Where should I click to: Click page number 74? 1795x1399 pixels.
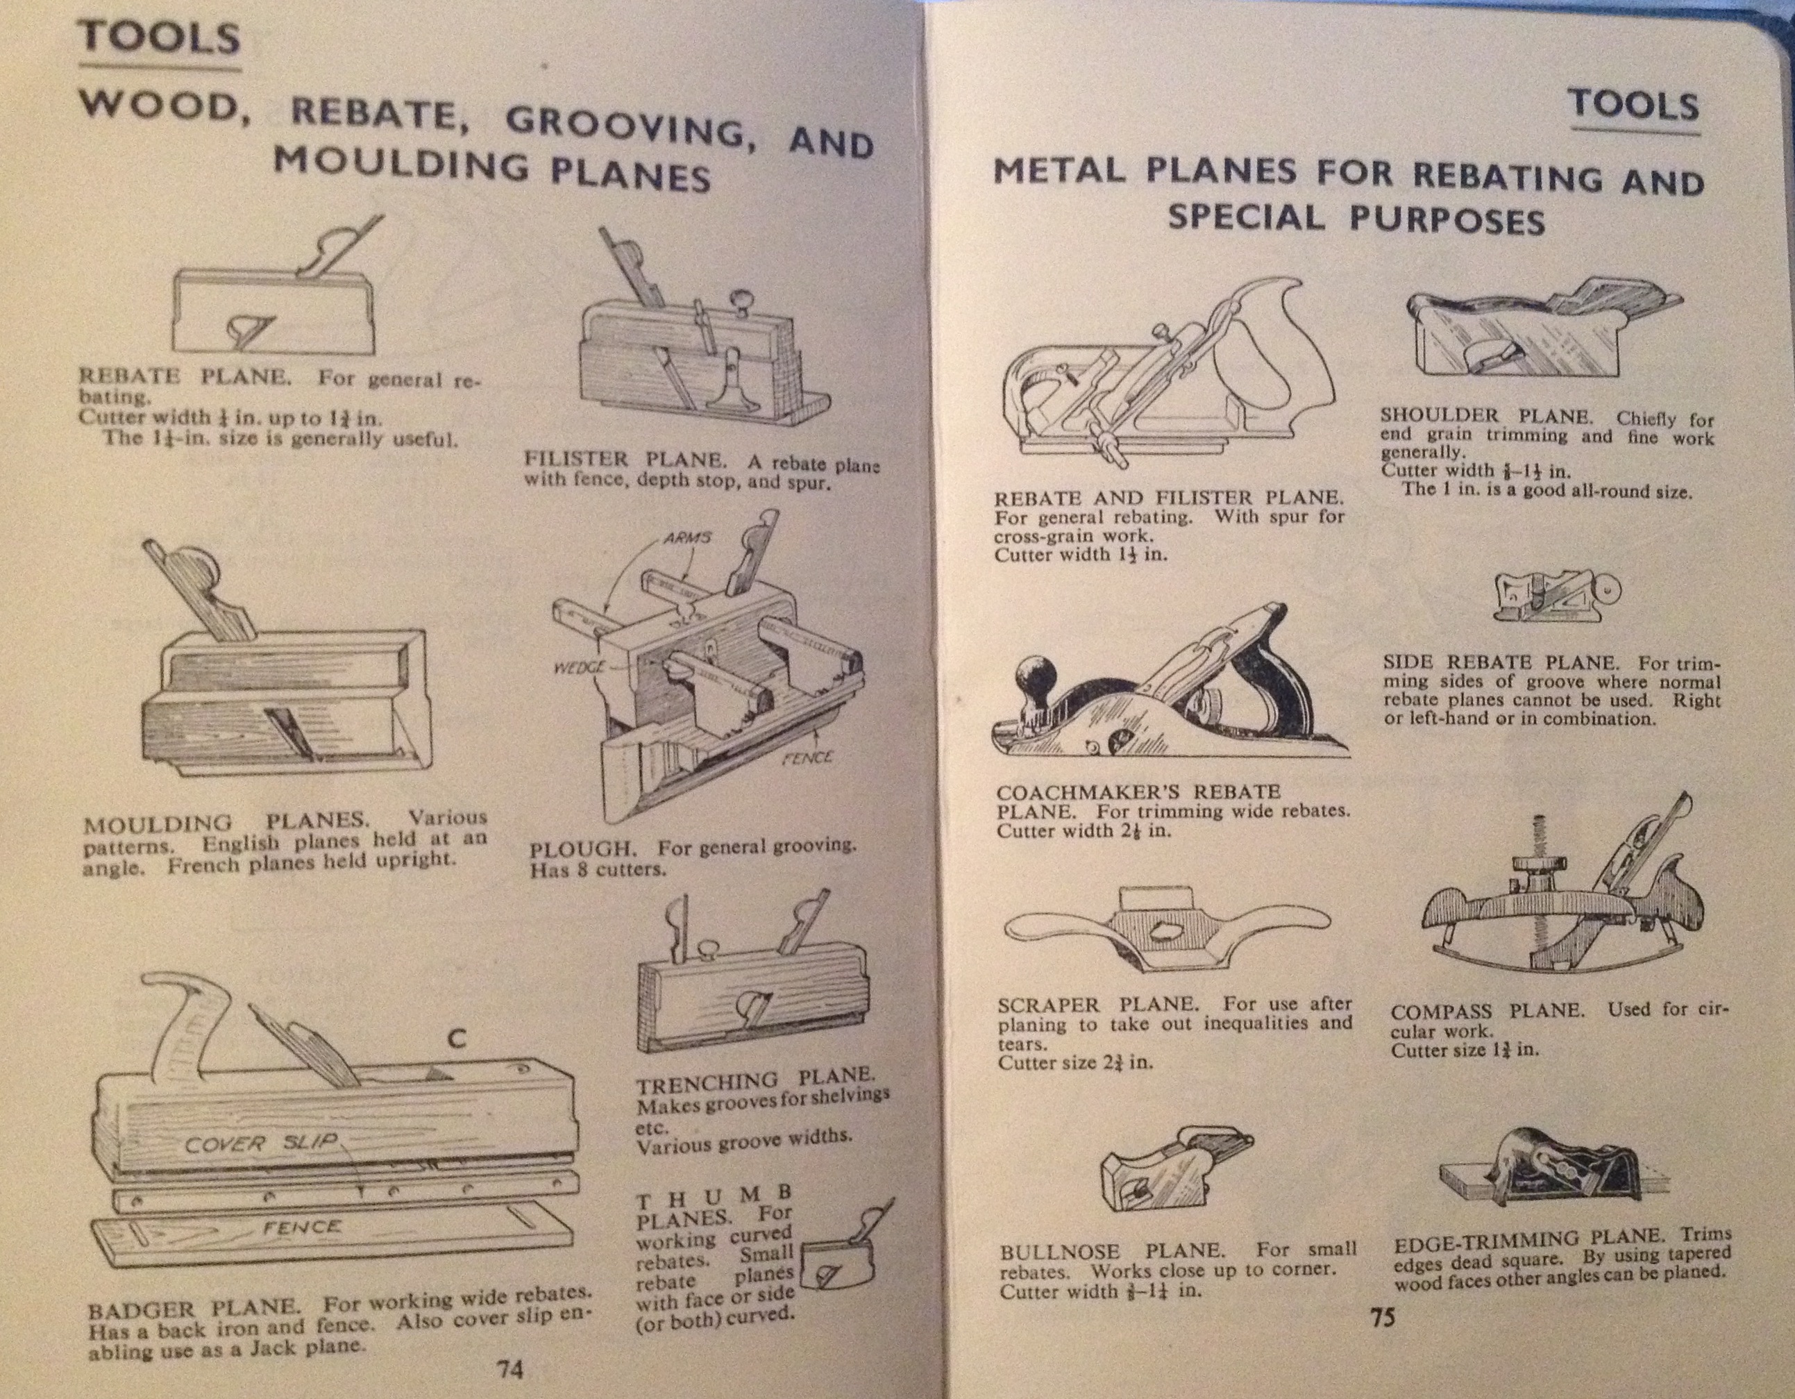coord(509,1369)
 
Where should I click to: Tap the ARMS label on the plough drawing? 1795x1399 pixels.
coord(687,538)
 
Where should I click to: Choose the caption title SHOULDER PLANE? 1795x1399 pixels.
coord(1487,415)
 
